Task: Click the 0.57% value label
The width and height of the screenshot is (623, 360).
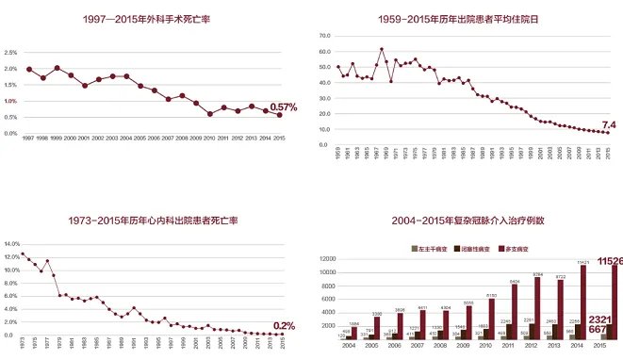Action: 283,107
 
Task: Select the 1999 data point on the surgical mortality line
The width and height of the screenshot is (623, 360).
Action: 57,68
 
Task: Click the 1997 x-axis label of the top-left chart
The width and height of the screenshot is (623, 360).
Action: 29,139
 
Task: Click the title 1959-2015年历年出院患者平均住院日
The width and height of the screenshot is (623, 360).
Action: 471,19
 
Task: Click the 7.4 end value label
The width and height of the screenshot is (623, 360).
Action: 608,124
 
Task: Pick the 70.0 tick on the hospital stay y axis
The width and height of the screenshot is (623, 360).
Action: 325,36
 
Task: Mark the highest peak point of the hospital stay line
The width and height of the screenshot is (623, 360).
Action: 382,49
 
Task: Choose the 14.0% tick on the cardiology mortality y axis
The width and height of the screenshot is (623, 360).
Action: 12,244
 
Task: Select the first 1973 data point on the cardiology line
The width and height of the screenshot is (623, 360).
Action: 22,254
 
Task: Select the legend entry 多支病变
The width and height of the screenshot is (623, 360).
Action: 538,248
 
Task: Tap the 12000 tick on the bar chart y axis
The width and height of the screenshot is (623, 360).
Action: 328,258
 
